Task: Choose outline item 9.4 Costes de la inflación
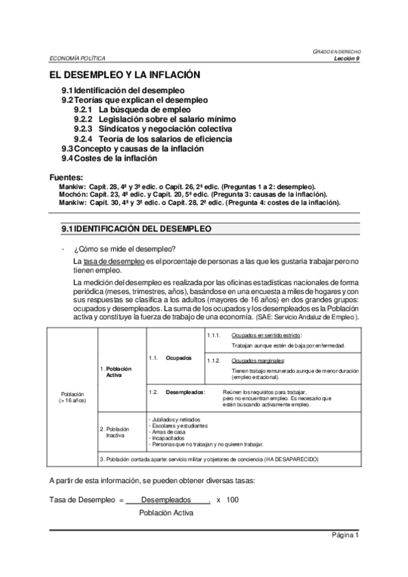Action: click(109, 158)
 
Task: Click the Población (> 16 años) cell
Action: click(73, 398)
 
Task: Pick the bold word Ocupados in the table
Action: click(179, 357)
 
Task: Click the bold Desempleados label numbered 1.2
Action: click(186, 393)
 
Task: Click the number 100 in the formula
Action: click(233, 500)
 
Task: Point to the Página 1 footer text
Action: click(345, 535)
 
